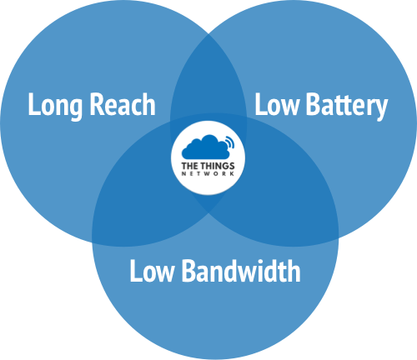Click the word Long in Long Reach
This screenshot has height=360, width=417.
coord(55,106)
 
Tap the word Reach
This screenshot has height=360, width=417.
coord(123,104)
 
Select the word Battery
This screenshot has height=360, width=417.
coord(347,106)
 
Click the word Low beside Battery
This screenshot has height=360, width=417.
coord(277,104)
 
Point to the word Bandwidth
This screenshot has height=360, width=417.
coord(241,271)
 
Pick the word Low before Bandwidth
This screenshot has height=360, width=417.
coord(152,271)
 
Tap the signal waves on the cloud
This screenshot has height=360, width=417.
coord(230,142)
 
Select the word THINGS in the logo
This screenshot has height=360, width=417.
coord(218,166)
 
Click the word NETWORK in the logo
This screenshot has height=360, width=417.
coord(208,174)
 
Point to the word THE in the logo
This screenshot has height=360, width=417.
coord(190,166)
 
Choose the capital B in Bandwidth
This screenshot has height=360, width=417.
coord(188,271)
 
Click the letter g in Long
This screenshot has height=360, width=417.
coord(75,110)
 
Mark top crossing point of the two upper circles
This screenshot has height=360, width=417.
coord(208,34)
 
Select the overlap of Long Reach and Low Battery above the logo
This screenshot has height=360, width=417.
coord(208,83)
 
